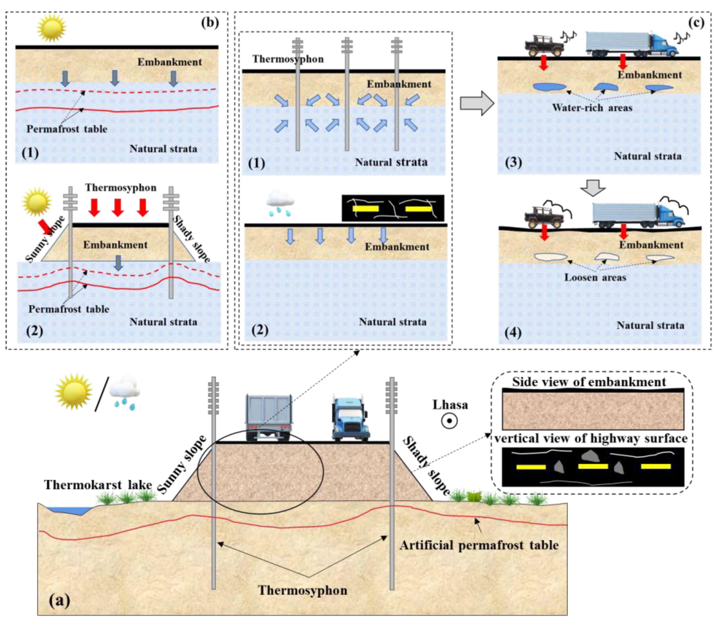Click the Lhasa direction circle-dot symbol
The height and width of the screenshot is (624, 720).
point(449,421)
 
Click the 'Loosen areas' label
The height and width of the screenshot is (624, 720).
point(595,278)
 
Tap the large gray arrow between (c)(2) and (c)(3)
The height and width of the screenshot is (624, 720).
point(477,103)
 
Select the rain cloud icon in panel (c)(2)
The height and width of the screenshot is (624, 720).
point(280,202)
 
